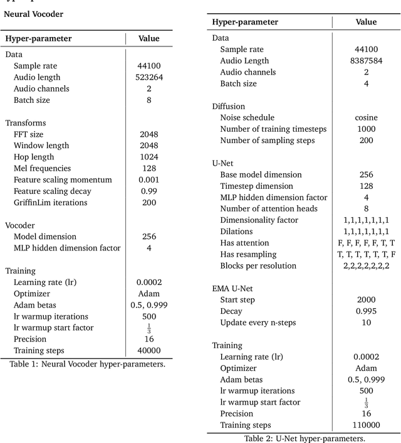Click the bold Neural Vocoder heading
click(x=32, y=13)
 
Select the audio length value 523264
click(x=148, y=77)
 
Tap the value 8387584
click(x=366, y=61)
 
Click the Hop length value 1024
click(x=148, y=157)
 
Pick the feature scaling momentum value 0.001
click(x=148, y=179)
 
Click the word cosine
click(x=366, y=117)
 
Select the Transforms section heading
click(x=26, y=123)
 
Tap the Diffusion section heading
click(x=229, y=106)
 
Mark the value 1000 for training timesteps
click(x=366, y=129)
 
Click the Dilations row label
click(x=237, y=232)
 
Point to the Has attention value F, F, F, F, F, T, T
click(x=366, y=243)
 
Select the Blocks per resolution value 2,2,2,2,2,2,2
click(x=366, y=265)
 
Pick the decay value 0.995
click(x=366, y=311)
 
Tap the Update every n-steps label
click(x=258, y=323)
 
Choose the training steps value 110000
click(x=366, y=425)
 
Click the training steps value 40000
click(x=148, y=350)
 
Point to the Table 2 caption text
click(x=305, y=438)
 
